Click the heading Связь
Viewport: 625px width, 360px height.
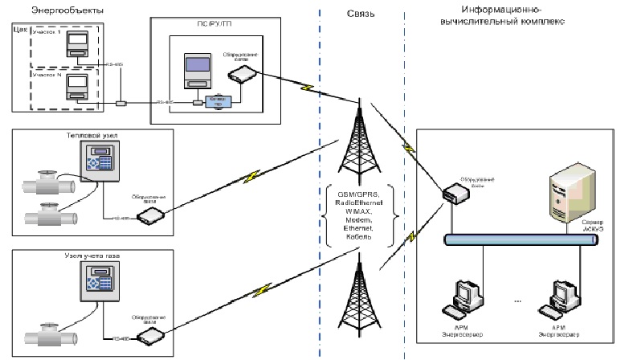[358, 14]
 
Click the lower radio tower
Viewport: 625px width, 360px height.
[357, 302]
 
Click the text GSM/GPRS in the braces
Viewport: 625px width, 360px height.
[357, 194]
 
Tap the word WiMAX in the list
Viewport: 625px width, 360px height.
[357, 211]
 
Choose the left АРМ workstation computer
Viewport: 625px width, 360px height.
[469, 300]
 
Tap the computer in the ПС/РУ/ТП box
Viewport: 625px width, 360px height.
[196, 72]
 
